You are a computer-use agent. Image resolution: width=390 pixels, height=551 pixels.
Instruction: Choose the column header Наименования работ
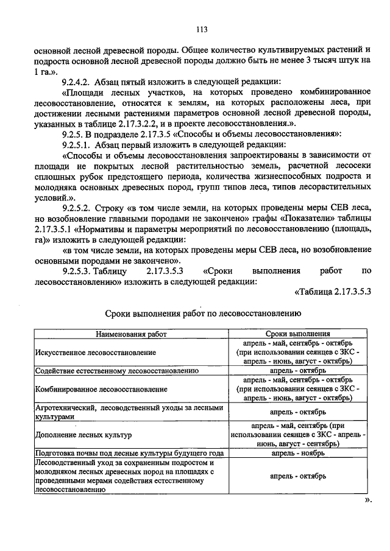130,334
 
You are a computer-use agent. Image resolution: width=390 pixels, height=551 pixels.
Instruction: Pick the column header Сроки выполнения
298,334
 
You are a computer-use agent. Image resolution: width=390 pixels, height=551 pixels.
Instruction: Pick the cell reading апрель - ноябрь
298,454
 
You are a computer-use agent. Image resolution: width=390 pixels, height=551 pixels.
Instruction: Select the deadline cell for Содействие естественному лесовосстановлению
298,370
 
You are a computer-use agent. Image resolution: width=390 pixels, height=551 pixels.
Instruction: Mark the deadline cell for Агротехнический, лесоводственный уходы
298,412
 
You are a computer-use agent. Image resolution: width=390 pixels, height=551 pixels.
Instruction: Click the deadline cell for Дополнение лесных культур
298,435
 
